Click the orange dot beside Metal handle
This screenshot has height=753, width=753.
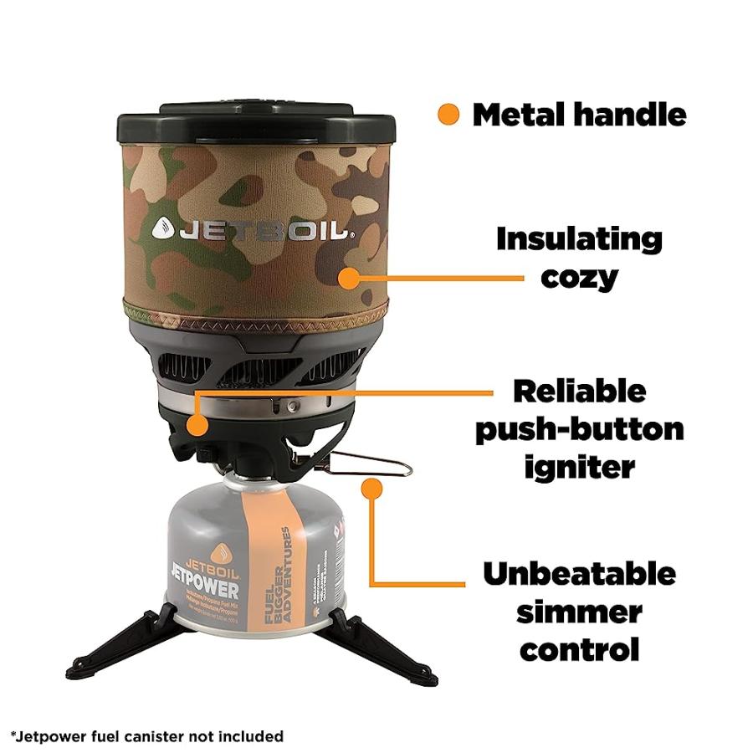pos(449,115)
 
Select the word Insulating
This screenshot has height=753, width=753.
pos(579,239)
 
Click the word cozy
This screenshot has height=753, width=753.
pos(579,276)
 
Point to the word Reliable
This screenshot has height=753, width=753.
pos(579,392)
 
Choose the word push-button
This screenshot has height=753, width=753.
pos(579,429)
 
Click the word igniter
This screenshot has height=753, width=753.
pos(579,467)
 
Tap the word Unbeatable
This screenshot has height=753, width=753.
pos(579,574)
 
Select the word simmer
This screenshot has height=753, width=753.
pos(579,612)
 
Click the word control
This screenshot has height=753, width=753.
pos(579,649)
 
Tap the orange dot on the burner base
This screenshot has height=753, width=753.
pos(197,425)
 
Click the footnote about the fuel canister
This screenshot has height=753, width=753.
pos(147,736)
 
